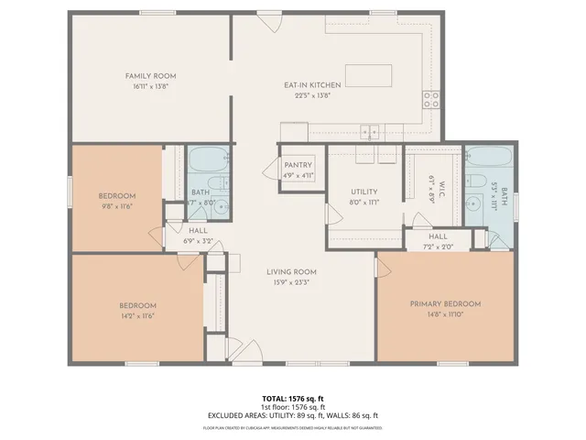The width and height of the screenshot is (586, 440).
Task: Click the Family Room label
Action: tap(150, 75)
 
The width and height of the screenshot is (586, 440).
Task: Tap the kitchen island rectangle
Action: tap(369, 74)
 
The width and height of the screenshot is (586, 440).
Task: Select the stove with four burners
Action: tap(431, 99)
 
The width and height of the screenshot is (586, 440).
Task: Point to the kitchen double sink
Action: tap(370, 131)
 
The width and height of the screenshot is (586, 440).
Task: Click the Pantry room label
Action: tap(298, 165)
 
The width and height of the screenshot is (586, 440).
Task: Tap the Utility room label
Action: tap(364, 192)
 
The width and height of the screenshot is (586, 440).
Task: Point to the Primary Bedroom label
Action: tap(445, 303)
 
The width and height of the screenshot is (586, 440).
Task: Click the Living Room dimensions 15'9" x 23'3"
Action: tap(291, 282)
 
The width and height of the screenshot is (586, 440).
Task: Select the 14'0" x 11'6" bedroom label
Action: tap(136, 316)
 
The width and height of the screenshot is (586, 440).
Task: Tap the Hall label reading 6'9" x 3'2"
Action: tap(199, 241)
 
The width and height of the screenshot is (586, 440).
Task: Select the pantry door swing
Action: tap(272, 169)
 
